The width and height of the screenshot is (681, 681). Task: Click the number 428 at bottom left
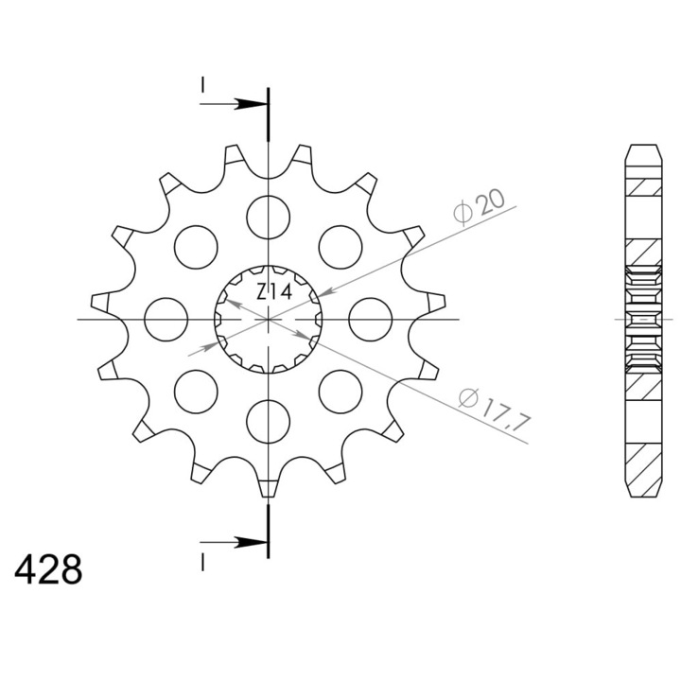coord(48,569)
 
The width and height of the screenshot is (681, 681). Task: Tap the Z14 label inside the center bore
coord(273,292)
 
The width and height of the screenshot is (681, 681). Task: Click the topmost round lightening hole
coord(268,218)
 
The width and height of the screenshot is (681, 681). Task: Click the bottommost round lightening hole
coord(268,421)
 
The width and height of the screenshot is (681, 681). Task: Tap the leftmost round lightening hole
coord(166,320)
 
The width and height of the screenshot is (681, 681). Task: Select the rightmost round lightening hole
coord(371,320)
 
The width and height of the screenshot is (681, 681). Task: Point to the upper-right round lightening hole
coord(340,247)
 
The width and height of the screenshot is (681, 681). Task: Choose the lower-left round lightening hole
coord(196,392)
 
